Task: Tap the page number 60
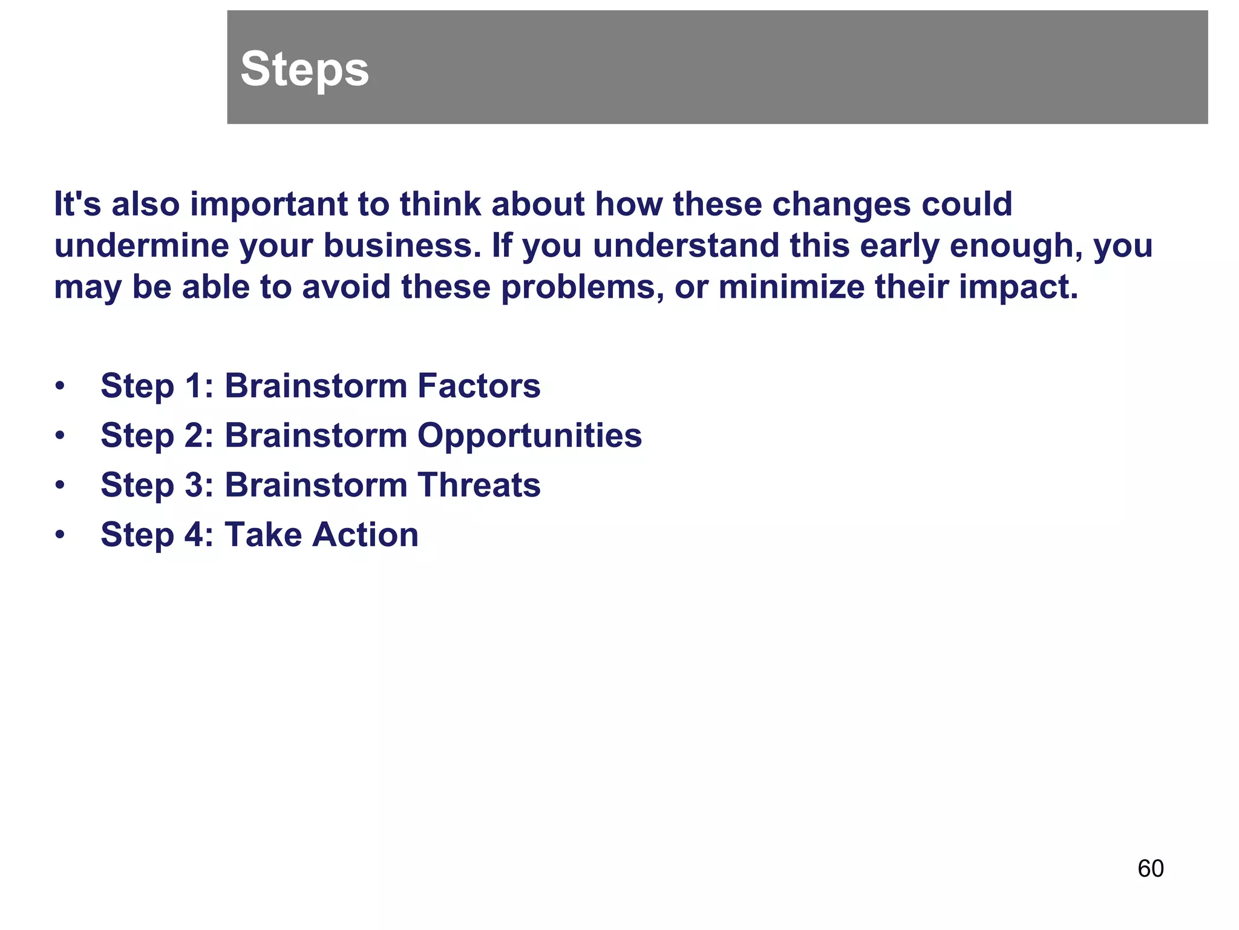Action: coord(1150,869)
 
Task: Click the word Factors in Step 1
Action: coord(479,386)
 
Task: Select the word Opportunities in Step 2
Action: coord(529,435)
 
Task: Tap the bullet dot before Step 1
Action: coord(59,386)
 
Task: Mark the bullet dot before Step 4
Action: coord(59,535)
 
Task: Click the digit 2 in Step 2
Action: coord(194,435)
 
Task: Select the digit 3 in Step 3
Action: coord(194,485)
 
